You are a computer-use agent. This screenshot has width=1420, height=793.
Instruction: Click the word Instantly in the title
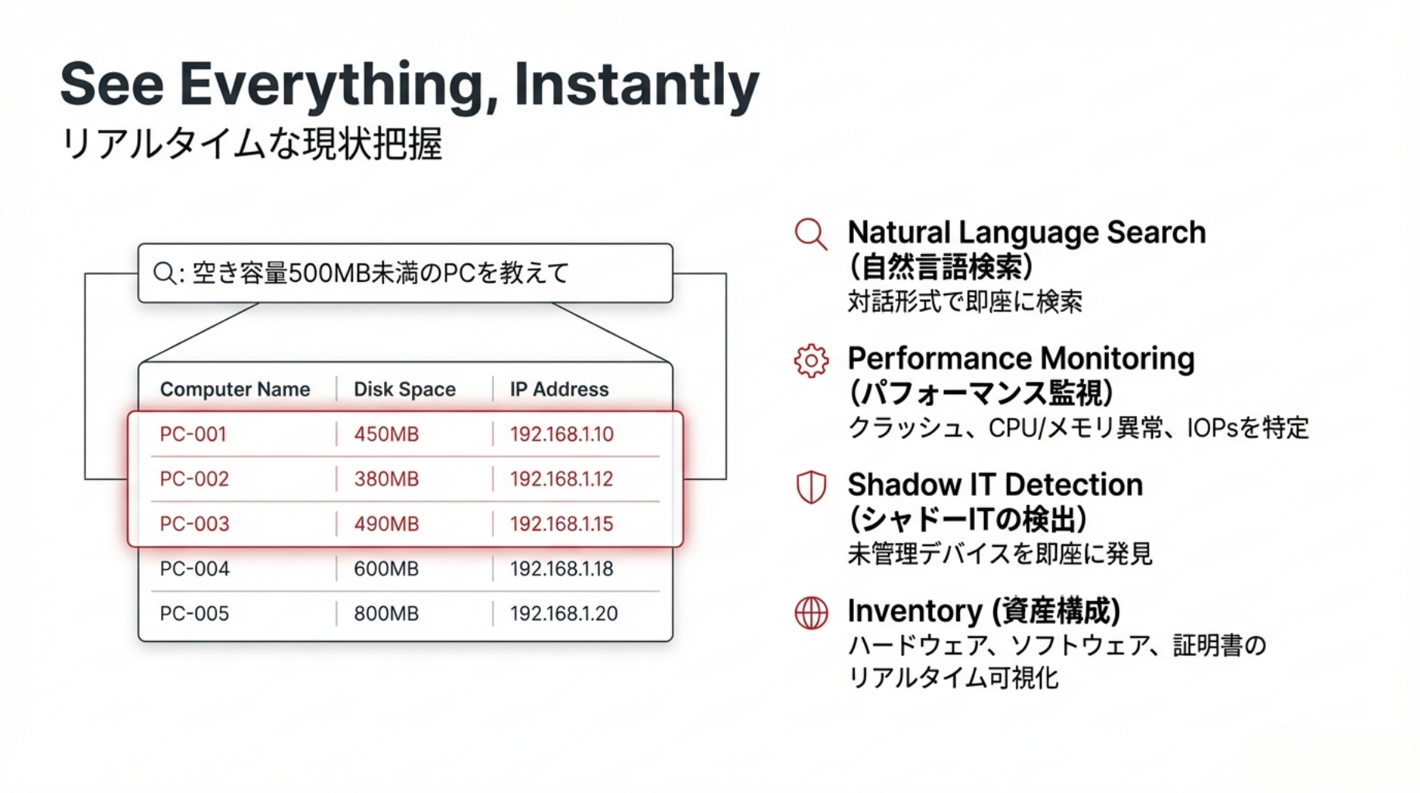(x=636, y=84)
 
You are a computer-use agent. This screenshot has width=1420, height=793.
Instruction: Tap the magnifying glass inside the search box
(x=164, y=273)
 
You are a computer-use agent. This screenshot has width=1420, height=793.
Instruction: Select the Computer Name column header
(x=235, y=390)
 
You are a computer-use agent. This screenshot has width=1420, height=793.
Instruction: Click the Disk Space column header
(x=404, y=390)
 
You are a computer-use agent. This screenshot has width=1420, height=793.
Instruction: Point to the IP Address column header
(x=559, y=390)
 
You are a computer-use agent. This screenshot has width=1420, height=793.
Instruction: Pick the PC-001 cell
(x=193, y=434)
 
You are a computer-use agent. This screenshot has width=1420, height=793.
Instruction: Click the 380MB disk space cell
(x=386, y=479)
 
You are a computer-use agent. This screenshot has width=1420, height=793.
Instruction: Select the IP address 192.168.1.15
(x=561, y=524)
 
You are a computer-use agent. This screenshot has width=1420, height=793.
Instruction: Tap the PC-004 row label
(x=194, y=569)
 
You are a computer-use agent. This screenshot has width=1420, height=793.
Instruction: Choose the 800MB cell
(x=386, y=614)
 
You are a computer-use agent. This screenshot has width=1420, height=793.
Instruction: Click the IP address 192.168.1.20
(x=564, y=614)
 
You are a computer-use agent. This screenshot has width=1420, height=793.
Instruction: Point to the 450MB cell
(x=386, y=434)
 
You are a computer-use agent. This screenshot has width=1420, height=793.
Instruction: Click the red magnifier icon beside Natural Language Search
(x=811, y=234)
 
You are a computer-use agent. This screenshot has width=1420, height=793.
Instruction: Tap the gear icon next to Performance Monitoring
(x=811, y=361)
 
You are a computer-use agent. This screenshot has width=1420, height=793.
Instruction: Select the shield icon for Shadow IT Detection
(x=811, y=487)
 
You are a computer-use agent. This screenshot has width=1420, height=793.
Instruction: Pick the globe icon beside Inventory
(x=811, y=613)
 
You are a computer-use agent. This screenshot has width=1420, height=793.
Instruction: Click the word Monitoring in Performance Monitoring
(x=1118, y=359)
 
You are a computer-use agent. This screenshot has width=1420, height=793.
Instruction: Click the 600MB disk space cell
(x=386, y=569)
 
